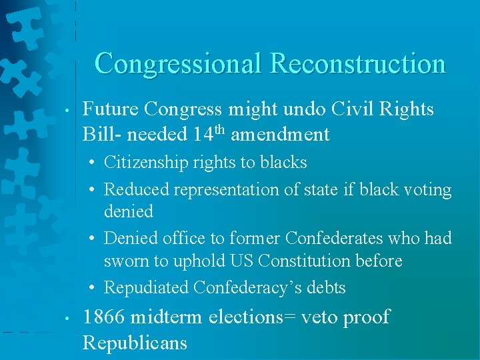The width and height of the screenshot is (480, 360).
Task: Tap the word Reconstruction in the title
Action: pyautogui.click(x=357, y=63)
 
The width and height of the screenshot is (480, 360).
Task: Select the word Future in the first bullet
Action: pyautogui.click(x=110, y=109)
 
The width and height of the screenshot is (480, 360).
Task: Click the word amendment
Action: pyautogui.click(x=281, y=135)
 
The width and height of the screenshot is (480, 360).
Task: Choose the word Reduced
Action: pyautogui.click(x=137, y=190)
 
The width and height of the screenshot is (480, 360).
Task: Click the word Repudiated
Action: pyautogui.click(x=146, y=288)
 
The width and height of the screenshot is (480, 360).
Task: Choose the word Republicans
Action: pyautogui.click(x=135, y=343)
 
